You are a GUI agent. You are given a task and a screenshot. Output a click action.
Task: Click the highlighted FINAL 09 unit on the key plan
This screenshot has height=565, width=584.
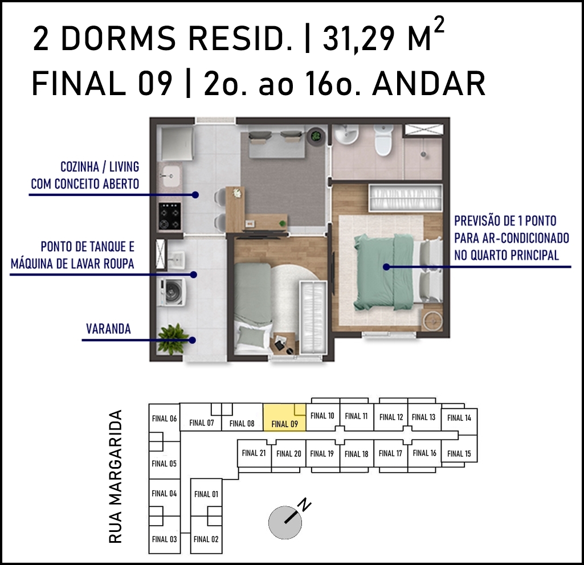click(284, 417)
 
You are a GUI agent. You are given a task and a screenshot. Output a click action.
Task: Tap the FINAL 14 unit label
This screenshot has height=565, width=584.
click(459, 418)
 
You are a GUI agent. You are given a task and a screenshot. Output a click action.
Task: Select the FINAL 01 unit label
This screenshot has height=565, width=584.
click(206, 494)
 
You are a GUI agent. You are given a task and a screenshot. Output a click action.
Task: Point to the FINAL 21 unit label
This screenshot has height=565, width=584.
click(254, 453)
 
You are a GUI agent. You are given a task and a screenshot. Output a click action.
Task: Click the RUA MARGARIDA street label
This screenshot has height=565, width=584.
click(116, 476)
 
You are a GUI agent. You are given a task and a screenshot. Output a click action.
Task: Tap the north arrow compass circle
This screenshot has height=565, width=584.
click(285, 523)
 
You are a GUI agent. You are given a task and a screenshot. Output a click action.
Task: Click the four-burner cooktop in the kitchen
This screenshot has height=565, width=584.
click(170, 216)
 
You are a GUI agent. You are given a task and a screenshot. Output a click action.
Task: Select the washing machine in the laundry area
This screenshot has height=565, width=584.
click(171, 292)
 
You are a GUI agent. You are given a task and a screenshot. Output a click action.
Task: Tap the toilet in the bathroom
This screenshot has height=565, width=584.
click(383, 140)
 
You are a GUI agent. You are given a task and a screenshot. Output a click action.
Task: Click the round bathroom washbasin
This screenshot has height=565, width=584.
click(346, 134)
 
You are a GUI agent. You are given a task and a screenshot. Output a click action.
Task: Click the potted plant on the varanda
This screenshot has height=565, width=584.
click(173, 338)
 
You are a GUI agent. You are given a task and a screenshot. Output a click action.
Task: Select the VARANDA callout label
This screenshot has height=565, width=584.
click(108, 329)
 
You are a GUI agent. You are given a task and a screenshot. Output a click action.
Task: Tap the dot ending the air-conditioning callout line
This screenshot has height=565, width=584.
click(386, 267)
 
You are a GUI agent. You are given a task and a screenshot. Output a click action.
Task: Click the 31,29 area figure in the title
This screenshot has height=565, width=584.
click(358, 39)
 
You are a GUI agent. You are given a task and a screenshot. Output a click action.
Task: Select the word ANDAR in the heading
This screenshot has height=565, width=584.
click(429, 83)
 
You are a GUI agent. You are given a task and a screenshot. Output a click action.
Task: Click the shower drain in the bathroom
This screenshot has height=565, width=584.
click(423, 154)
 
